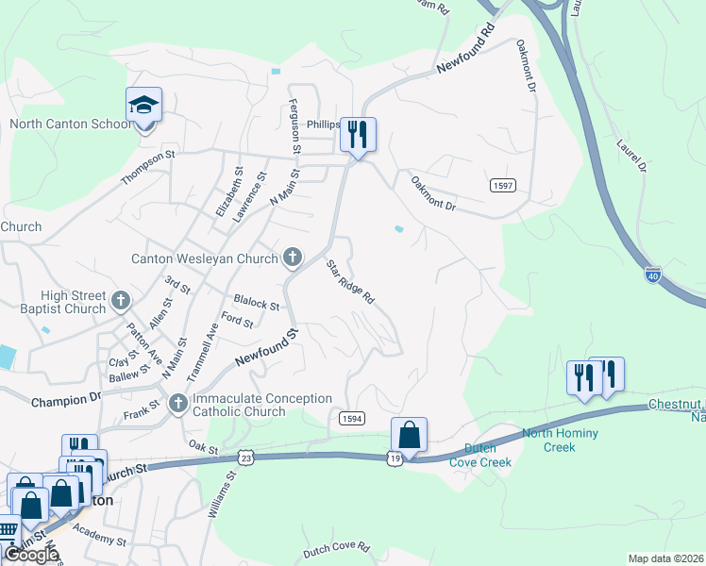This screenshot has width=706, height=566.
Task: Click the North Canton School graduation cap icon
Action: (x=143, y=105)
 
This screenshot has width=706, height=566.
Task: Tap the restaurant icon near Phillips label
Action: (x=358, y=134)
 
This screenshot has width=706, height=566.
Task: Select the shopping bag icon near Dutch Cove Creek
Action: (x=409, y=435)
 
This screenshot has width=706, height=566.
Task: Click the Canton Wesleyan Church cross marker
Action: (x=293, y=257)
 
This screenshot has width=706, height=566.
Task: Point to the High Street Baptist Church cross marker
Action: (x=120, y=301)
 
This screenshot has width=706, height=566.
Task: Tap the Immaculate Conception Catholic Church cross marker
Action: (x=178, y=404)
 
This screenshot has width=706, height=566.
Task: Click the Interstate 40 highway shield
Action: (x=653, y=275)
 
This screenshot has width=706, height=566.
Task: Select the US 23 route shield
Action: (x=245, y=456)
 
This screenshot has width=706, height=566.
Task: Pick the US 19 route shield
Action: (x=394, y=458)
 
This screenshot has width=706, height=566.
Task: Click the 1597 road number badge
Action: (x=502, y=187)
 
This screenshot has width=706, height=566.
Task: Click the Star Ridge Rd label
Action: (x=351, y=282)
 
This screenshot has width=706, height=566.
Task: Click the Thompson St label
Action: (x=148, y=168)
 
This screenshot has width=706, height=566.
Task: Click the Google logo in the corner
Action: (x=31, y=555)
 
